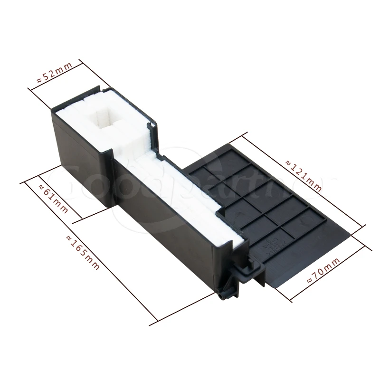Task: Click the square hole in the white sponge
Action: point(104,116)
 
